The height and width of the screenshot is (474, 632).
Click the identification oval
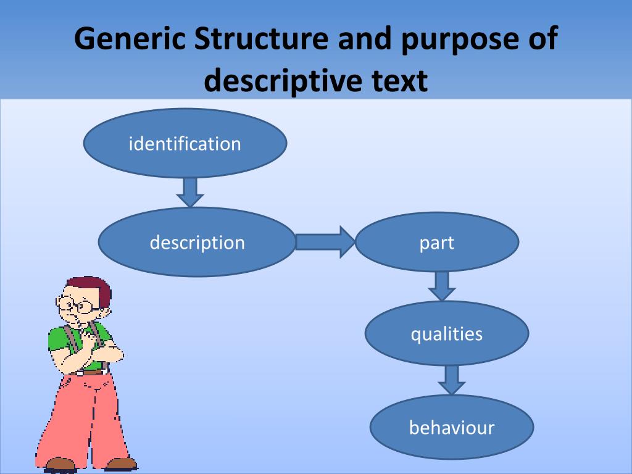tap(185, 144)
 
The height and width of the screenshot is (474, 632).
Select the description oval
tap(197, 242)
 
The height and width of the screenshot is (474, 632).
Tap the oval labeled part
tap(437, 242)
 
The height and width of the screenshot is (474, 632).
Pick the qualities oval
tap(447, 334)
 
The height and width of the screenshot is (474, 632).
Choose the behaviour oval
tap(452, 427)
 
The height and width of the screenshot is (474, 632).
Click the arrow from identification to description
tap(189, 191)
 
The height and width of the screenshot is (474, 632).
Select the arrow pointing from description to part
tap(325, 241)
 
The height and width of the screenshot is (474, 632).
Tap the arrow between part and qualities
tap(441, 285)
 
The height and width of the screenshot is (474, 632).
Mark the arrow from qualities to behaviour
tap(451, 379)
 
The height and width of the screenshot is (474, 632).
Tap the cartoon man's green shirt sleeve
tap(58, 340)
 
